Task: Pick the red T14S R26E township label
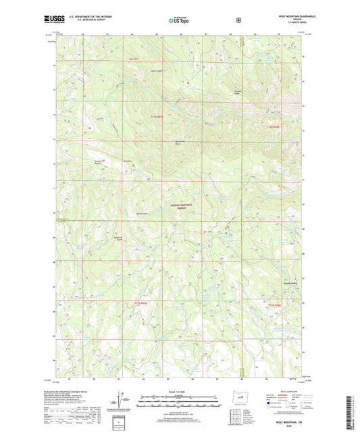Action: pos(272,126)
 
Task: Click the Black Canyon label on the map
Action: pos(157,69)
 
